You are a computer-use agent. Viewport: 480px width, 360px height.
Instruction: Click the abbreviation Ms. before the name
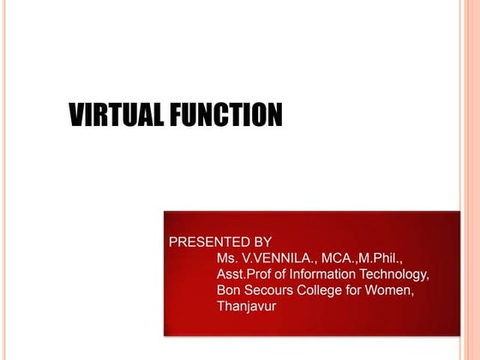[227, 258]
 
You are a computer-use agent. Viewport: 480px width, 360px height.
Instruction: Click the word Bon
[229, 291]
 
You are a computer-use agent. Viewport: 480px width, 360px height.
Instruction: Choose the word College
[321, 291]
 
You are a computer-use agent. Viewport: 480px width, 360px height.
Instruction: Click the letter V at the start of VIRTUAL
[75, 115]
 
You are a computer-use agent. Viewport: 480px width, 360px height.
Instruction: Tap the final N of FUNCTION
[275, 115]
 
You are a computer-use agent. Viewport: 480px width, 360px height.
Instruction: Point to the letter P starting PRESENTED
[174, 242]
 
